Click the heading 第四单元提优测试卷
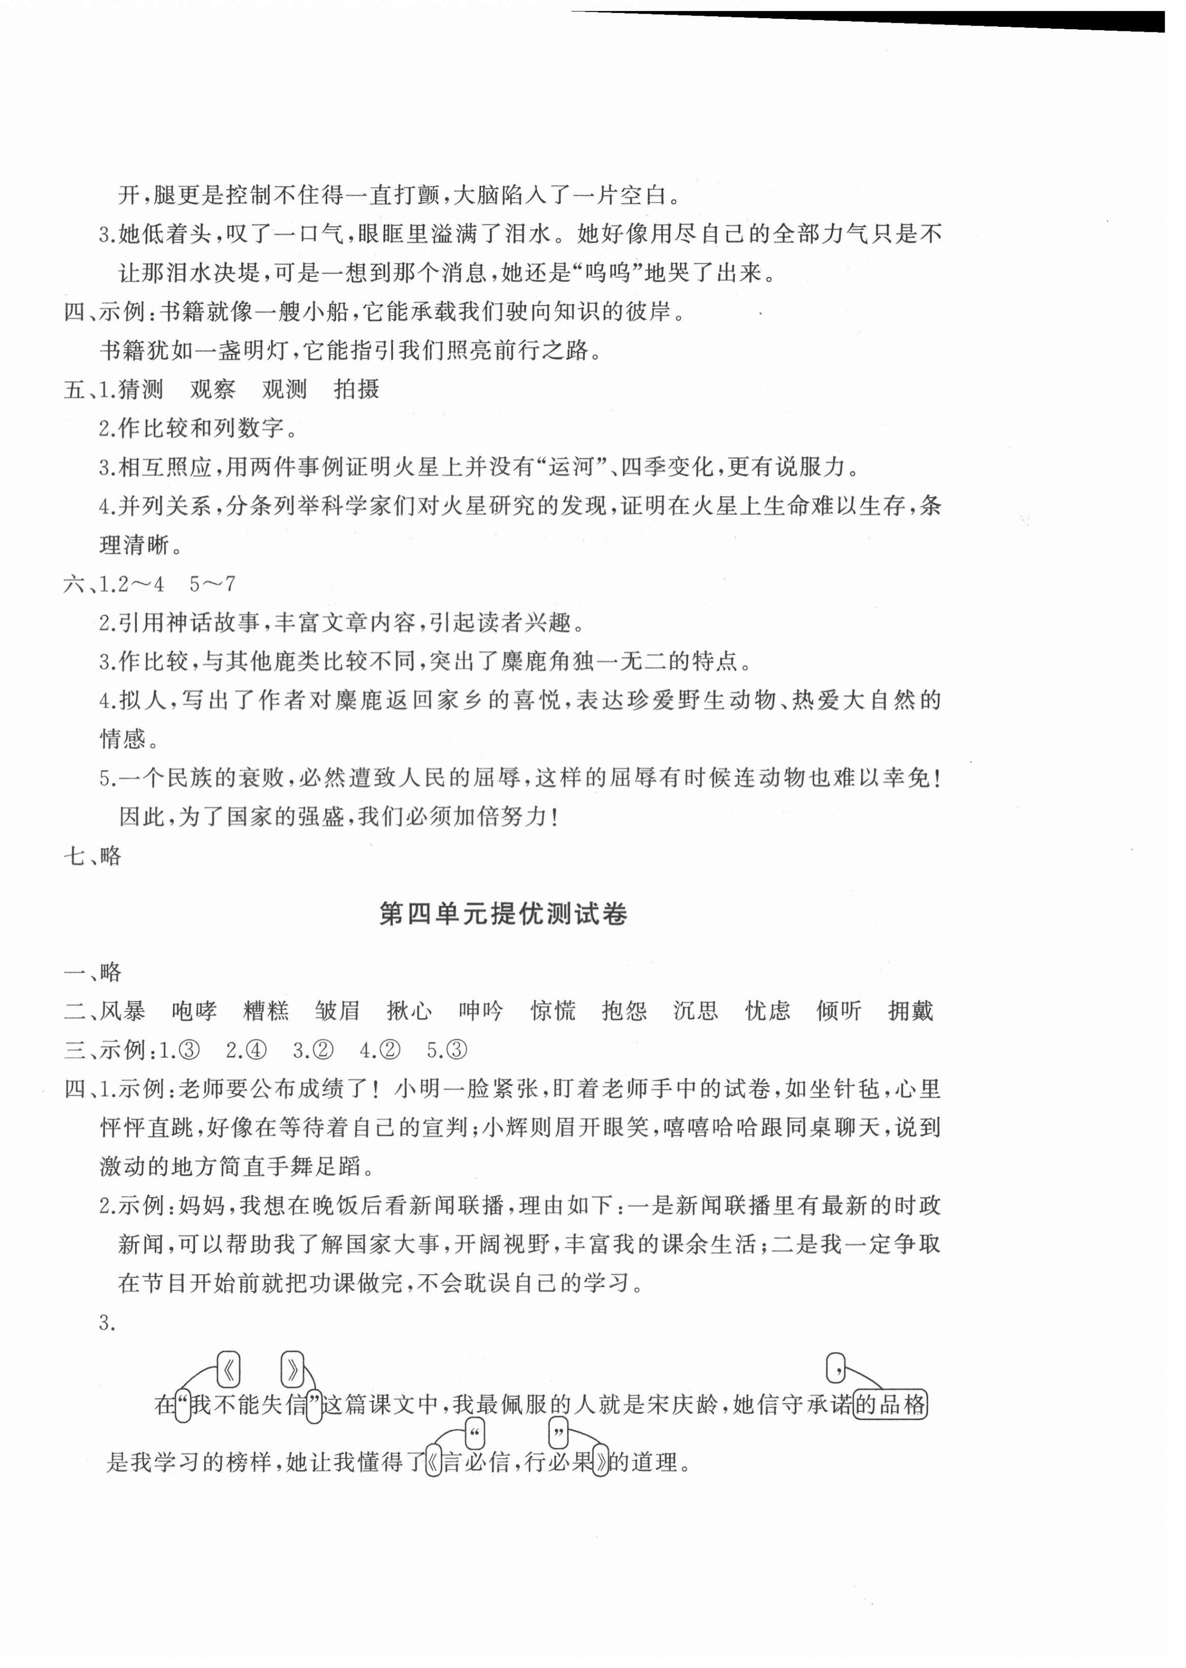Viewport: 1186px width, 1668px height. click(x=503, y=914)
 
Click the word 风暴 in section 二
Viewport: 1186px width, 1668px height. click(x=122, y=1011)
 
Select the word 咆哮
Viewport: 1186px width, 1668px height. click(x=194, y=1011)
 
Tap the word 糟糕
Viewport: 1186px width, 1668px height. click(x=266, y=1011)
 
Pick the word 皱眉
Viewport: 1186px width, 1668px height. click(x=337, y=1011)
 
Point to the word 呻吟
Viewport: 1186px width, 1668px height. click(x=481, y=1011)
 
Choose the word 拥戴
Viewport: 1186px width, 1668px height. click(x=911, y=1011)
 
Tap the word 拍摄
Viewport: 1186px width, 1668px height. click(x=357, y=389)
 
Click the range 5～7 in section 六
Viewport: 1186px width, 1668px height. click(x=212, y=584)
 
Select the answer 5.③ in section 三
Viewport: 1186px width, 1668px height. click(x=447, y=1050)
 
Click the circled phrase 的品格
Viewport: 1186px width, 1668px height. click(x=890, y=1404)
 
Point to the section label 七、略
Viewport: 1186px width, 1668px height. click(x=93, y=856)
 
